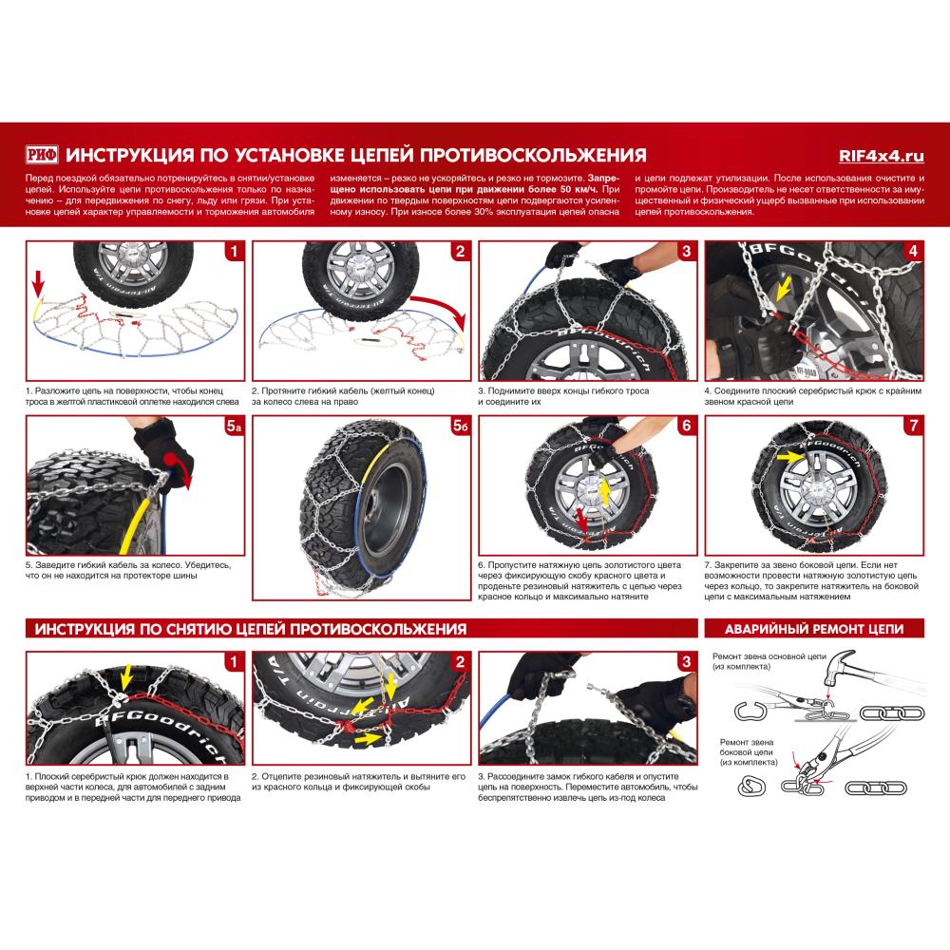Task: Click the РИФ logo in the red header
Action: coord(44,155)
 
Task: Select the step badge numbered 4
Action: coord(912,252)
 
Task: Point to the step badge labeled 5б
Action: coord(460,428)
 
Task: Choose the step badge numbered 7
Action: coord(912,427)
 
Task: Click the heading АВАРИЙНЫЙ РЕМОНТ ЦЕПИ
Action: coord(813,629)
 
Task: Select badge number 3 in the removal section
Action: coord(686,661)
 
